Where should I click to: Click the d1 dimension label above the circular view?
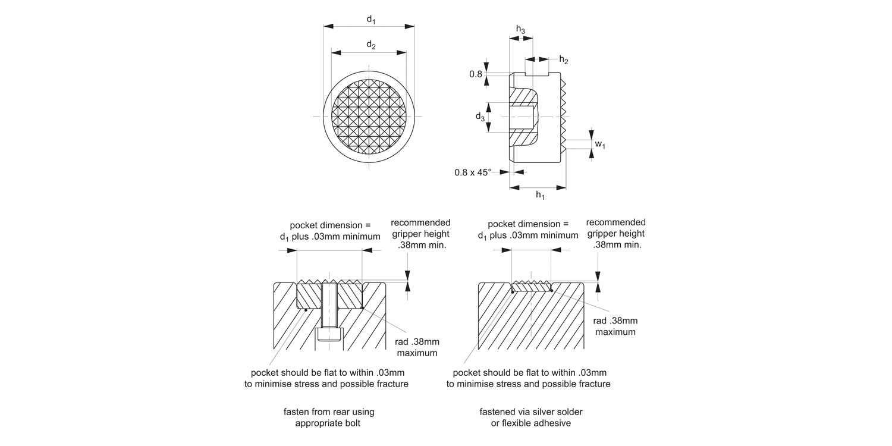tap(370, 20)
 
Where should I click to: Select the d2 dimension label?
tap(370, 45)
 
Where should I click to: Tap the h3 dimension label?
tap(520, 30)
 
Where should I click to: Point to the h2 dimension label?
tap(564, 60)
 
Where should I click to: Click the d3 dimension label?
tap(480, 117)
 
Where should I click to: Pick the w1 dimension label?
tap(600, 145)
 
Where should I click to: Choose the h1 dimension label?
tap(540, 195)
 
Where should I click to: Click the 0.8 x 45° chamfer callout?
tap(473, 172)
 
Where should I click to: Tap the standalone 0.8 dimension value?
tap(476, 74)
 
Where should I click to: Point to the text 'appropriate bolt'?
tap(328, 423)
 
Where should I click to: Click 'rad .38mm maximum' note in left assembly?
tap(417, 347)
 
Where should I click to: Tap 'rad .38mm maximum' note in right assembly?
tap(615, 326)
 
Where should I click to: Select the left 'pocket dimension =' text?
tap(330, 225)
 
